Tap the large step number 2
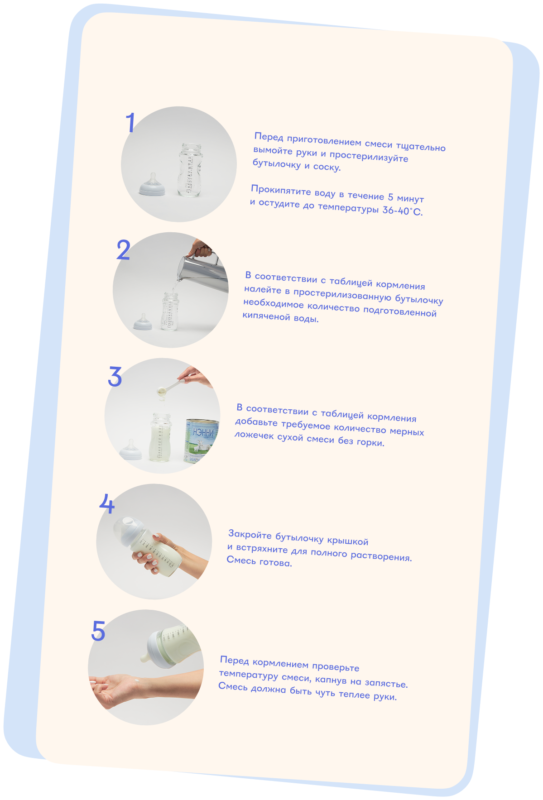pos(123,250)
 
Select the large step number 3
pos(115,376)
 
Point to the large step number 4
pos(107,503)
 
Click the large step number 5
pos(98,630)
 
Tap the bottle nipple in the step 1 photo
pos(152,185)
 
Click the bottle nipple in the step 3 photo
pos(131,450)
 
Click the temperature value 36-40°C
pos(403,211)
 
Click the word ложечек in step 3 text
pos(254,436)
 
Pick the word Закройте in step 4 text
pos(250,535)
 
